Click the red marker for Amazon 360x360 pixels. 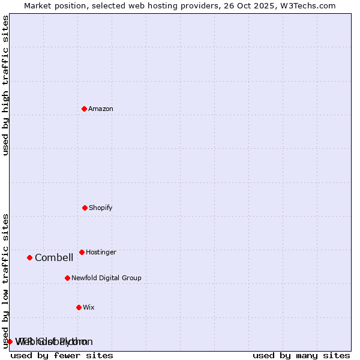[x=84, y=109]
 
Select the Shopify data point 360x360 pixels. [x=85, y=208]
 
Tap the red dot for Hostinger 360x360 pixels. [x=82, y=252]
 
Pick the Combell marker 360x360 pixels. [x=29, y=257]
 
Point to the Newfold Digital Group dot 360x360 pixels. [x=67, y=278]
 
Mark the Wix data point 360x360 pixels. [x=79, y=307]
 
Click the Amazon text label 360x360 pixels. [x=101, y=109]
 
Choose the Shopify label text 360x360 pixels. [x=101, y=208]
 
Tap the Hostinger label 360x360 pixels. [x=101, y=252]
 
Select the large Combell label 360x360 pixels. [x=54, y=257]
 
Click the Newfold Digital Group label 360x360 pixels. [x=106, y=278]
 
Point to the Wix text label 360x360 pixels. [x=89, y=307]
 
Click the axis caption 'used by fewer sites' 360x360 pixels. [x=62, y=355]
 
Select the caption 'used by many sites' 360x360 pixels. [x=301, y=355]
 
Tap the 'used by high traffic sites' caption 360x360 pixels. [x=5, y=85]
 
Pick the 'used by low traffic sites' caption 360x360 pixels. [x=5, y=280]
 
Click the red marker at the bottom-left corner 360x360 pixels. [x=10, y=341]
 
